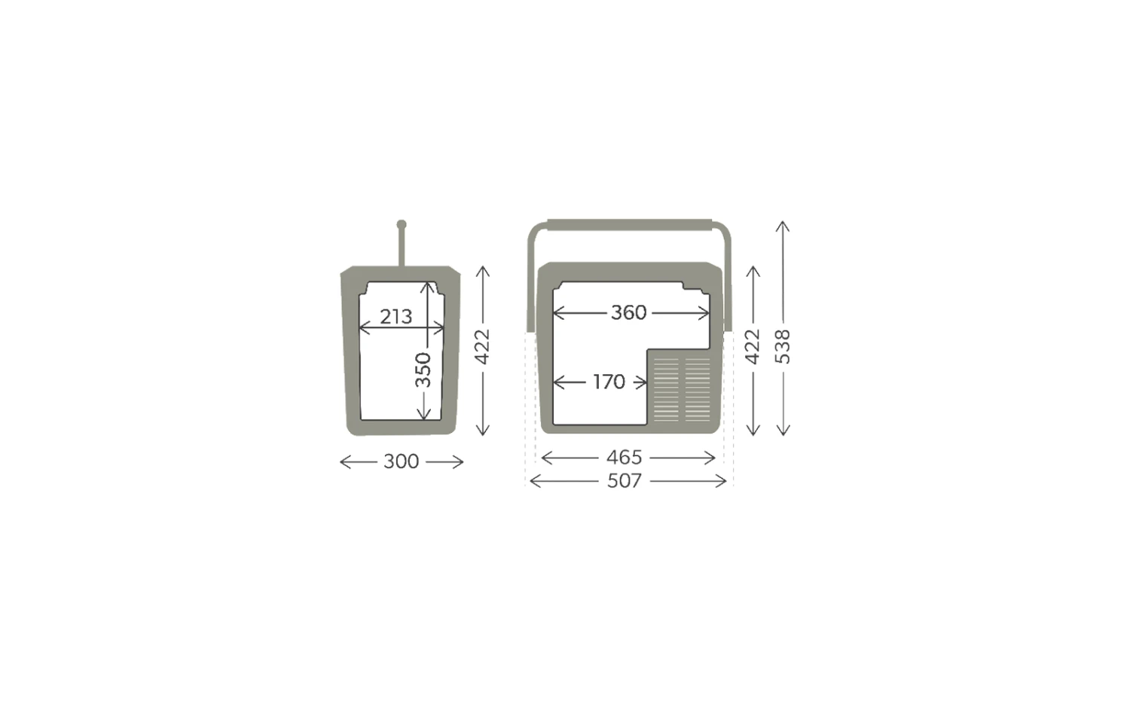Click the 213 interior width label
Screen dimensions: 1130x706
coord(396,317)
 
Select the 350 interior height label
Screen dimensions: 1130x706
coord(423,370)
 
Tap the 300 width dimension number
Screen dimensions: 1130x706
coord(401,461)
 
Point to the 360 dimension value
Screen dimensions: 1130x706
coord(628,313)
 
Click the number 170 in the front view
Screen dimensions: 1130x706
coord(609,382)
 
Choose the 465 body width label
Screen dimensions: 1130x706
coord(624,458)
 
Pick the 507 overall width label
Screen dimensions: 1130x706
coord(624,481)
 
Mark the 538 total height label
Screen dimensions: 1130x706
coord(783,347)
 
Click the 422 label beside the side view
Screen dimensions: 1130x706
coord(483,347)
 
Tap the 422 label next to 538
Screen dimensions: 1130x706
coord(753,347)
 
